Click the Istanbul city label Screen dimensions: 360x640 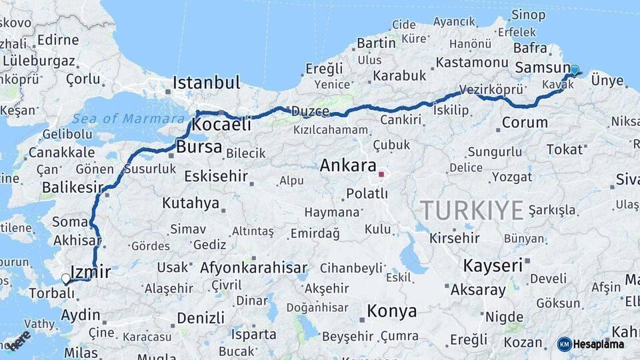tap(206, 83)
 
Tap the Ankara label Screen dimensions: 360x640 tap(348, 165)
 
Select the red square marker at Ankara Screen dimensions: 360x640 tap(381, 175)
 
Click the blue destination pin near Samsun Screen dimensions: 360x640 tap(575, 69)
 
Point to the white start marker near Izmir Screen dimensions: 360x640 tap(65, 278)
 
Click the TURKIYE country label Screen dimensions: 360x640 tap(471, 211)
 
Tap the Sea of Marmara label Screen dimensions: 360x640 tap(129, 119)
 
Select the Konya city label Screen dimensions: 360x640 tap(392, 311)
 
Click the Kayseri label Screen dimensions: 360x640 tap(493, 265)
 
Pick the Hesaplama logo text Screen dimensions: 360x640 tap(599, 344)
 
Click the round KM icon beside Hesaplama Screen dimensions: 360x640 tap(564, 344)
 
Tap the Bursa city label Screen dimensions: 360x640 tap(199, 147)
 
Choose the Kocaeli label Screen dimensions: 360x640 tap(221, 124)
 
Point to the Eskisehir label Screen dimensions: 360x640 tap(216, 177)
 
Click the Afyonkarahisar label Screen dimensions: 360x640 tap(253, 268)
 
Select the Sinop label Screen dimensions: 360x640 tap(529, 15)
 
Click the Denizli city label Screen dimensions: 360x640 tap(201, 317)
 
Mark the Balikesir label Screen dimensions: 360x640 tap(72, 187)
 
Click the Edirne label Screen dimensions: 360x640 tap(58, 39)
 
